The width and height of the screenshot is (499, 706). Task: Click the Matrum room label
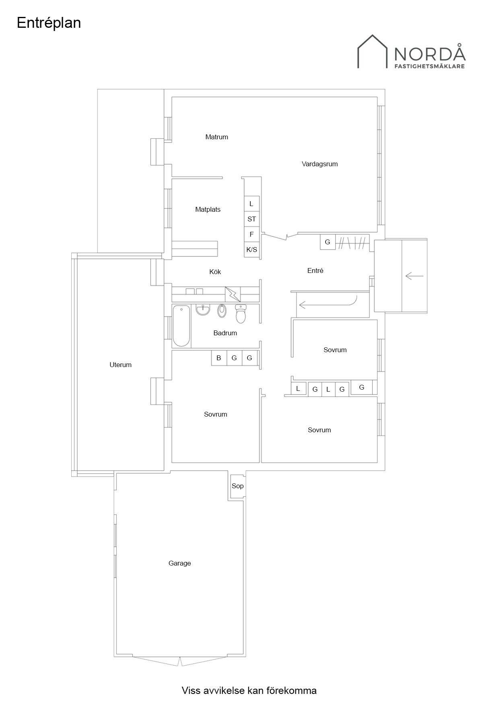tap(217, 137)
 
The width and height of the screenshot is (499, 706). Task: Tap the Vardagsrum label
tap(320, 164)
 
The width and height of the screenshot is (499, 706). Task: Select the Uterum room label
tap(120, 365)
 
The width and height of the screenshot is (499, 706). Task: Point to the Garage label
tap(179, 564)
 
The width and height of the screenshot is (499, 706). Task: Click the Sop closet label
tap(237, 486)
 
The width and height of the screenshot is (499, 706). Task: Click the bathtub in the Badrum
tap(181, 326)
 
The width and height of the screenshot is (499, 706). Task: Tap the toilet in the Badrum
tap(241, 314)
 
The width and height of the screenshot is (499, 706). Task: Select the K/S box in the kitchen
tap(252, 250)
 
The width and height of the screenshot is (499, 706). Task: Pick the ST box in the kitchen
tap(252, 219)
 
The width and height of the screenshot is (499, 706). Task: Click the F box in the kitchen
tap(252, 234)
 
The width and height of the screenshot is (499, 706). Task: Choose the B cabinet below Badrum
tap(219, 358)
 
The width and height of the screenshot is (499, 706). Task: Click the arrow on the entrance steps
tap(414, 276)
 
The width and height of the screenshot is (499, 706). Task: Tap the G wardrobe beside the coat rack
tap(328, 242)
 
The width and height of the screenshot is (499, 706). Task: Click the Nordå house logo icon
tap(373, 51)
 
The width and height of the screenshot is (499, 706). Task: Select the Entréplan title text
tap(49, 23)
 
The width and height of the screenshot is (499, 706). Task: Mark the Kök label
tap(215, 272)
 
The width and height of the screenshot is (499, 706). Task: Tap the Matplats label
tap(208, 209)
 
